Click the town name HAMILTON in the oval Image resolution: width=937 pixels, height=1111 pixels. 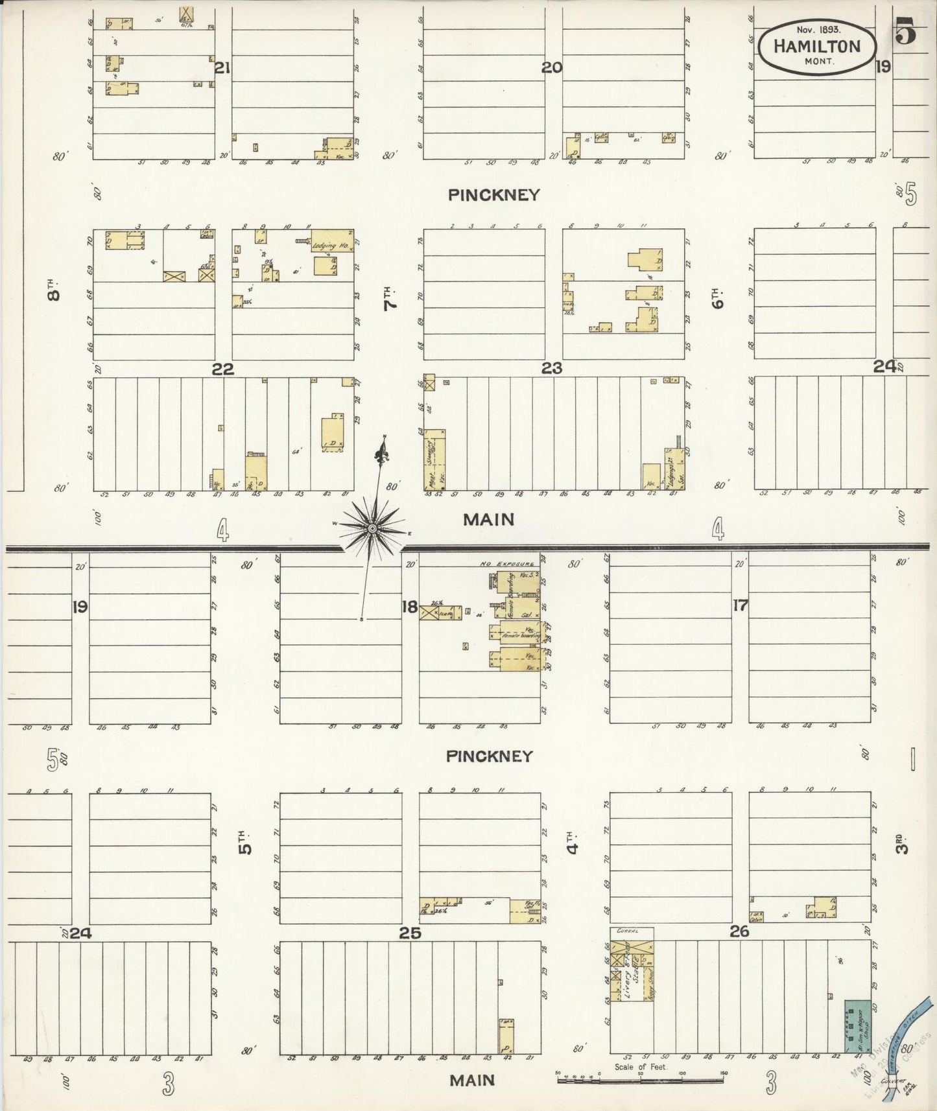tap(817, 46)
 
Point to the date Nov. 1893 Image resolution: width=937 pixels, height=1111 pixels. tap(817, 30)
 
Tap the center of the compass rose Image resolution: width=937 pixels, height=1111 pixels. tap(372, 530)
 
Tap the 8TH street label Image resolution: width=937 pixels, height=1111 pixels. tap(54, 289)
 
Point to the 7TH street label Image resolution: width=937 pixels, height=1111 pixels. tap(390, 300)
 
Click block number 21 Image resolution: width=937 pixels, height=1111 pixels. tap(222, 68)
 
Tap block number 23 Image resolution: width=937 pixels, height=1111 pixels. tap(551, 369)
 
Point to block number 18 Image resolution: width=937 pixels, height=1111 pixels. tap(409, 607)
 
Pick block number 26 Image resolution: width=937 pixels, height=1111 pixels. tap(739, 931)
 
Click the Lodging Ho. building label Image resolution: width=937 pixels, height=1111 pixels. tap(331, 246)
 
